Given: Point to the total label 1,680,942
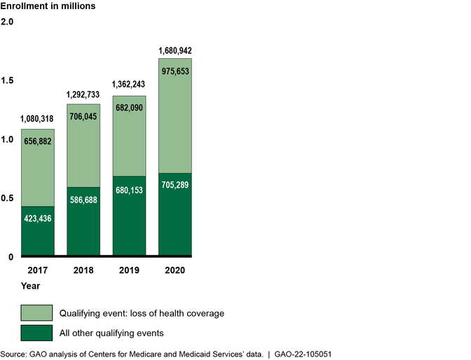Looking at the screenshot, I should [175, 50].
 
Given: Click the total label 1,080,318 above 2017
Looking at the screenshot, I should [38, 119].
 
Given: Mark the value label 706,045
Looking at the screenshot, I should [83, 116].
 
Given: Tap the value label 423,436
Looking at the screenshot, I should [38, 219].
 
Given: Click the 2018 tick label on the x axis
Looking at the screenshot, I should [83, 270].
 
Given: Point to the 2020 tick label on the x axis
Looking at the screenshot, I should [175, 270].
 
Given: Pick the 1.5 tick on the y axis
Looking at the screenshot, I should [8, 81].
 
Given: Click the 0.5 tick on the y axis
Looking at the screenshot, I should [8, 198].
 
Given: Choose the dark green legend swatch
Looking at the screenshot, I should [37, 333].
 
